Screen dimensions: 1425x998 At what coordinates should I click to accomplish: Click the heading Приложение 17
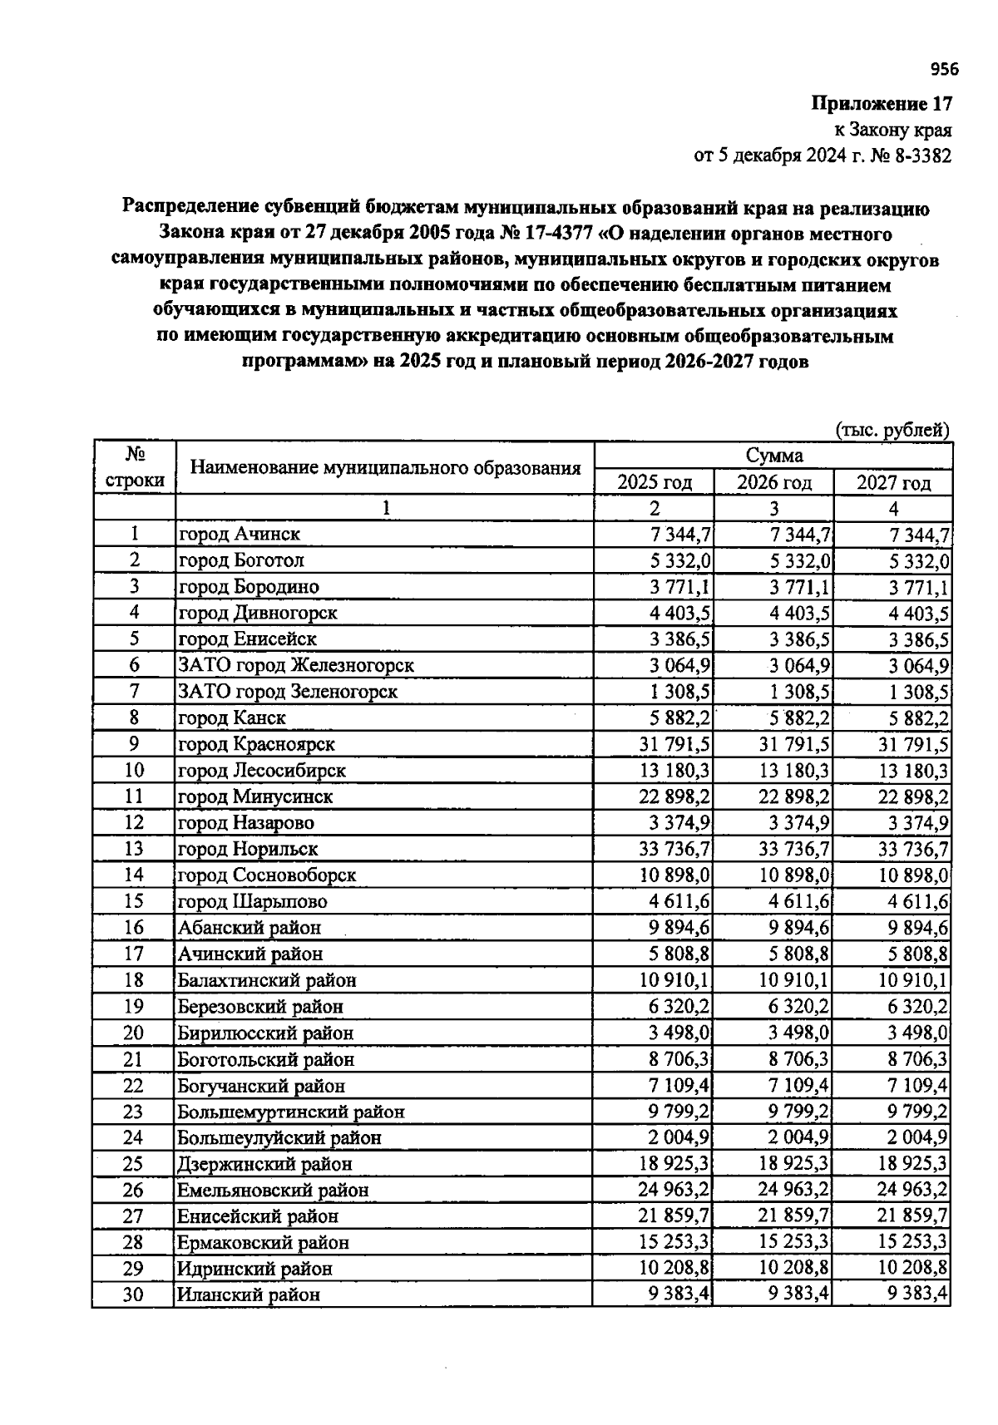pos(881,104)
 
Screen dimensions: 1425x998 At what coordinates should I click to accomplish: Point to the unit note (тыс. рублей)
pos(892,430)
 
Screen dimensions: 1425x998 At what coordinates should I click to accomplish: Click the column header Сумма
pos(773,456)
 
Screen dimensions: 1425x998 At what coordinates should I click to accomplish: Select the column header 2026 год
pos(773,482)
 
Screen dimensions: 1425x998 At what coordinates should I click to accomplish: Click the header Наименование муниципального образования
pos(385,467)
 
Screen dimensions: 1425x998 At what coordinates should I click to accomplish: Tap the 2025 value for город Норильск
pos(674,849)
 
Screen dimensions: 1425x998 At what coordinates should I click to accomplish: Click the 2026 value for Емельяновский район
pos(793,1190)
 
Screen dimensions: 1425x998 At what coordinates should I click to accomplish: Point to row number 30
pos(133,1294)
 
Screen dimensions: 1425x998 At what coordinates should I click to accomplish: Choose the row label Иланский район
pos(248,1294)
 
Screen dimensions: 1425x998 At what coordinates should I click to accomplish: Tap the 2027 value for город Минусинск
pos(913,796)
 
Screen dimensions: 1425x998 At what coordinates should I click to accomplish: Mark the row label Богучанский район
pos(260,1086)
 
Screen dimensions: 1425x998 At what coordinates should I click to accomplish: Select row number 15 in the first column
pos(133,901)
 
